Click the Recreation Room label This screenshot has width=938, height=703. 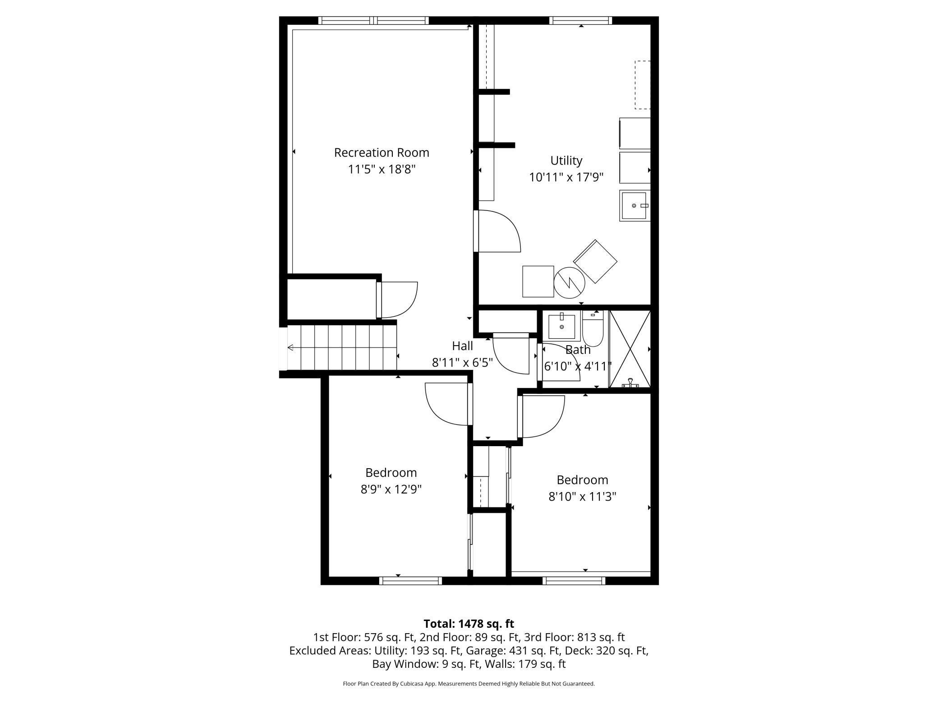[382, 152]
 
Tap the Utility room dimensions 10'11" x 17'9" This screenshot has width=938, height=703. [566, 177]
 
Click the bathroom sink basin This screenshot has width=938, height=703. [562, 327]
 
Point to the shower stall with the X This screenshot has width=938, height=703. [630, 349]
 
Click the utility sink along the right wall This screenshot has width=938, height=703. [635, 205]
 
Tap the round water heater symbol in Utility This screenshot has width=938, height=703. [569, 283]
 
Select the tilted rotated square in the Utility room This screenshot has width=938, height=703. [595, 261]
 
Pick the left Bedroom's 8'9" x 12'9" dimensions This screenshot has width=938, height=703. [391, 489]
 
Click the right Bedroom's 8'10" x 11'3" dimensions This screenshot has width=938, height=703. [582, 497]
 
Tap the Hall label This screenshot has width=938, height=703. [462, 346]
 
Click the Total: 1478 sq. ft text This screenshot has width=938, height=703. [469, 624]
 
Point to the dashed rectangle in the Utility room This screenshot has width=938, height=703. [643, 85]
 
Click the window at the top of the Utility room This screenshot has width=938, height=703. [581, 20]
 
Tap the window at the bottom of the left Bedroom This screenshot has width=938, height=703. [410, 581]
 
